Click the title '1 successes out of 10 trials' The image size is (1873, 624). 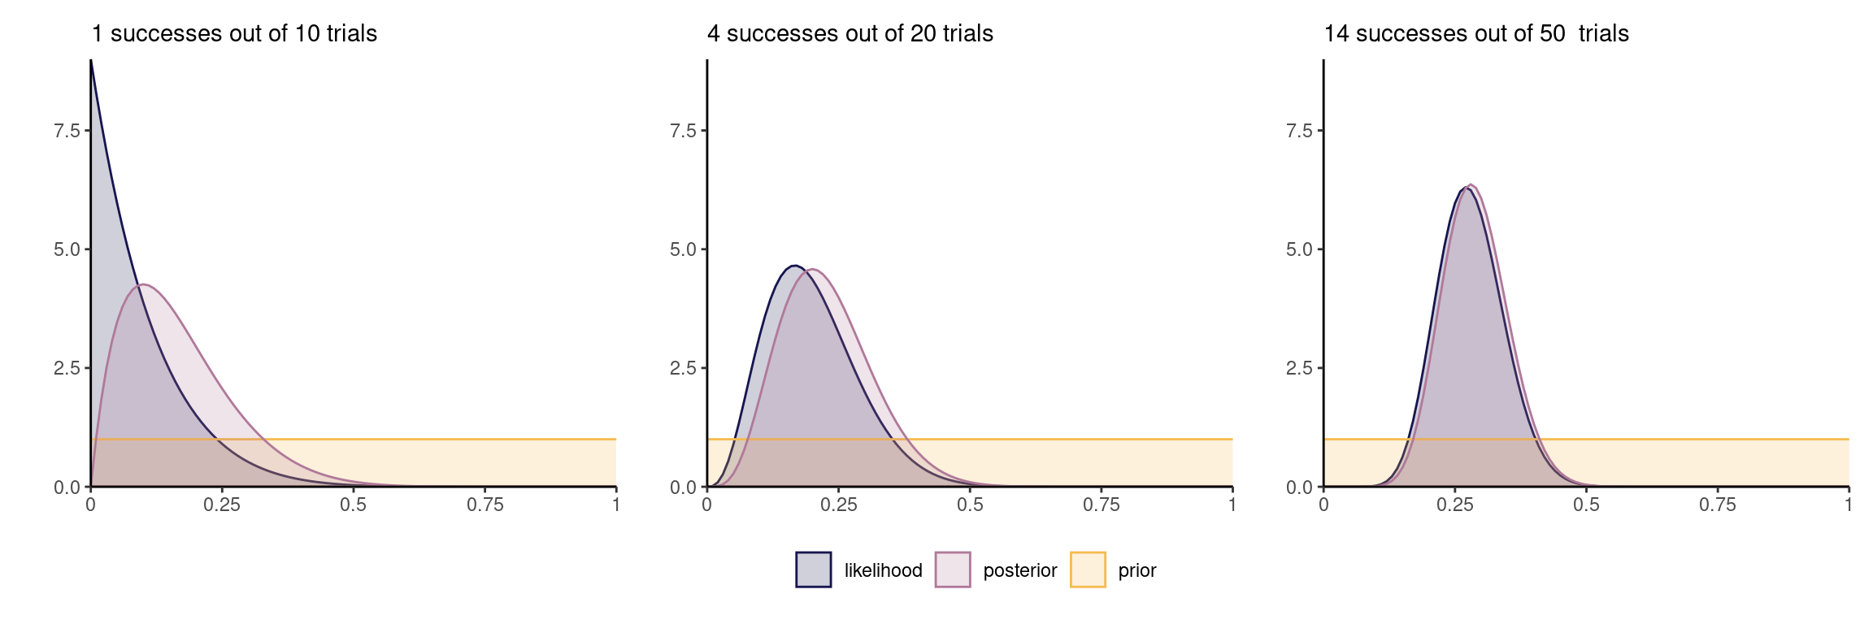(x=234, y=33)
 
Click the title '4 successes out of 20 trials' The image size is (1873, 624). (x=850, y=33)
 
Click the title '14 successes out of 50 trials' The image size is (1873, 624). (x=1476, y=33)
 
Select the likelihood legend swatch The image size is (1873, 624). (x=813, y=570)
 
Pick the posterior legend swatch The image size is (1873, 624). (x=953, y=570)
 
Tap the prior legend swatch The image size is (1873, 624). (x=1088, y=570)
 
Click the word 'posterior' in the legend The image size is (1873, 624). (x=1019, y=570)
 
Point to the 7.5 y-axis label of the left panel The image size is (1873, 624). (x=67, y=131)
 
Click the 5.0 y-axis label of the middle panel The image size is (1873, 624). (x=683, y=249)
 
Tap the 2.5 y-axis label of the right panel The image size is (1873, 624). (x=1299, y=368)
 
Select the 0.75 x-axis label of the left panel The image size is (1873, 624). (x=485, y=505)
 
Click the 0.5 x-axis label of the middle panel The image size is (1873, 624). (x=970, y=505)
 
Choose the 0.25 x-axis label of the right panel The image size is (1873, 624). (x=1455, y=505)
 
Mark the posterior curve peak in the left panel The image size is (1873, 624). (x=143, y=284)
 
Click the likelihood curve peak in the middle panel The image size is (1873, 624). (x=794, y=266)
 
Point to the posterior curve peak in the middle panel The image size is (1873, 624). (x=813, y=270)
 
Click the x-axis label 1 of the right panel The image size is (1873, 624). (x=1849, y=505)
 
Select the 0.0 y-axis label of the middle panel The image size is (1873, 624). (x=683, y=487)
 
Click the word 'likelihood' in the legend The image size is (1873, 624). (x=883, y=570)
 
